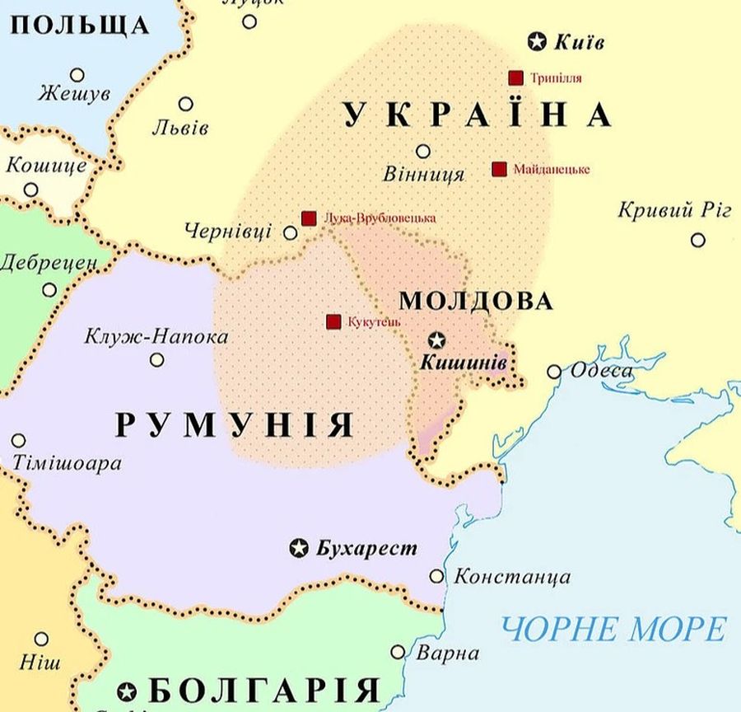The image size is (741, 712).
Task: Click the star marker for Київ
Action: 538,40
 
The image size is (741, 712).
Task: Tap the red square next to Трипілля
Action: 516,78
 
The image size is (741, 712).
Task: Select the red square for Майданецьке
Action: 499,169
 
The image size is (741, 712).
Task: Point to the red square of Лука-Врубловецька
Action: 309,218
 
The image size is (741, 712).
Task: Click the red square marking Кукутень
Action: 333,321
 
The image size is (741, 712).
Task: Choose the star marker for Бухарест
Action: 300,548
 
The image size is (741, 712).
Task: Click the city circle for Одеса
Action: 554,372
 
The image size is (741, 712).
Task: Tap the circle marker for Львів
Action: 186,105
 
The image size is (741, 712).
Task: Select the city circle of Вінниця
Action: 423,152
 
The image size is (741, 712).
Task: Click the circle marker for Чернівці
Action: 291,233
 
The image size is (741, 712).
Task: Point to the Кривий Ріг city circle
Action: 698,240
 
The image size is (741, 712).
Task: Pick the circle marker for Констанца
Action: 437,576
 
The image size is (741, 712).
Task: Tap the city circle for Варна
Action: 398,652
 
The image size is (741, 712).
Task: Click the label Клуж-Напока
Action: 156,337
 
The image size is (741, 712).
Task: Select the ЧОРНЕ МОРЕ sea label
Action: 614,630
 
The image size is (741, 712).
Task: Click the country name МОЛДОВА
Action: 476,301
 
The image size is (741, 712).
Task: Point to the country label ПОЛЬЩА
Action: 81,25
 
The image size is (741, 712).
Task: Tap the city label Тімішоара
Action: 67,463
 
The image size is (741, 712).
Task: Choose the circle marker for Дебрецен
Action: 49,290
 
